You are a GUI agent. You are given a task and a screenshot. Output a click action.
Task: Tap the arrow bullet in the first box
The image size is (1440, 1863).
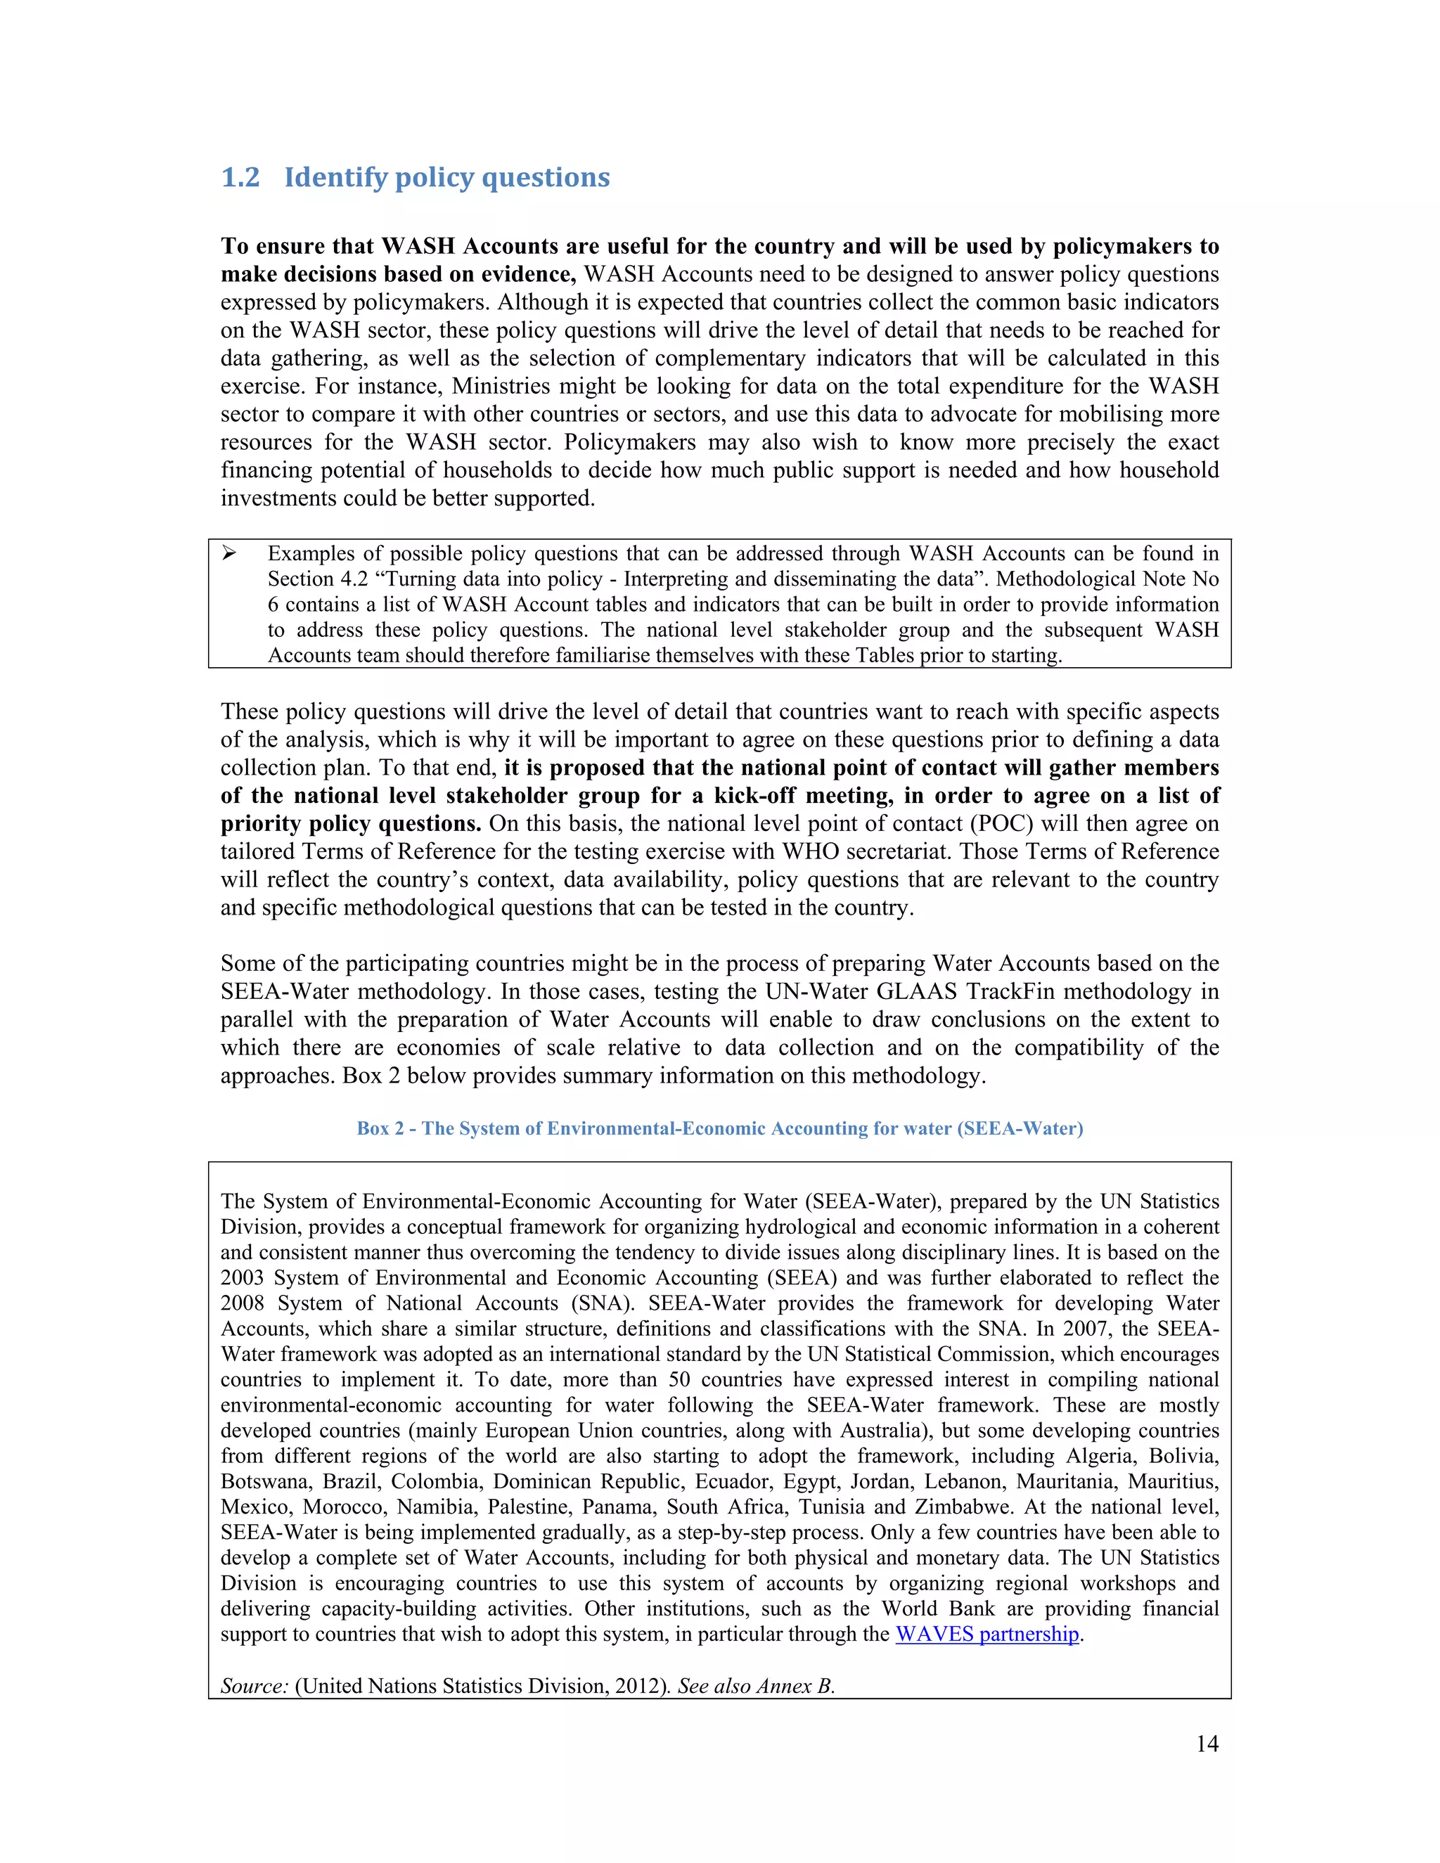(229, 553)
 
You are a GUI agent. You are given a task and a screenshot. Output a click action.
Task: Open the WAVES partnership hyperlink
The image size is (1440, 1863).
(987, 1634)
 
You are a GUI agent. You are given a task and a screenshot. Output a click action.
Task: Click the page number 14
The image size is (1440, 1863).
(1207, 1743)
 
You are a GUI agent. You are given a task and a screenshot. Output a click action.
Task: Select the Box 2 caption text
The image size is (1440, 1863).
(719, 1128)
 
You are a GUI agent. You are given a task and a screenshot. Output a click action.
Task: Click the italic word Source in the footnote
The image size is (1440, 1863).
(253, 1686)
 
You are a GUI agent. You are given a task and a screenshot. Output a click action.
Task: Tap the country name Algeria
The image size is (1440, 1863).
(1100, 1455)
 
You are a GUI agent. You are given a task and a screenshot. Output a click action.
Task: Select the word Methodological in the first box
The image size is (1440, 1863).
(1065, 579)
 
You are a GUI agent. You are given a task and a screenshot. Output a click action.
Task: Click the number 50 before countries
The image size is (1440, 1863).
(679, 1379)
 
